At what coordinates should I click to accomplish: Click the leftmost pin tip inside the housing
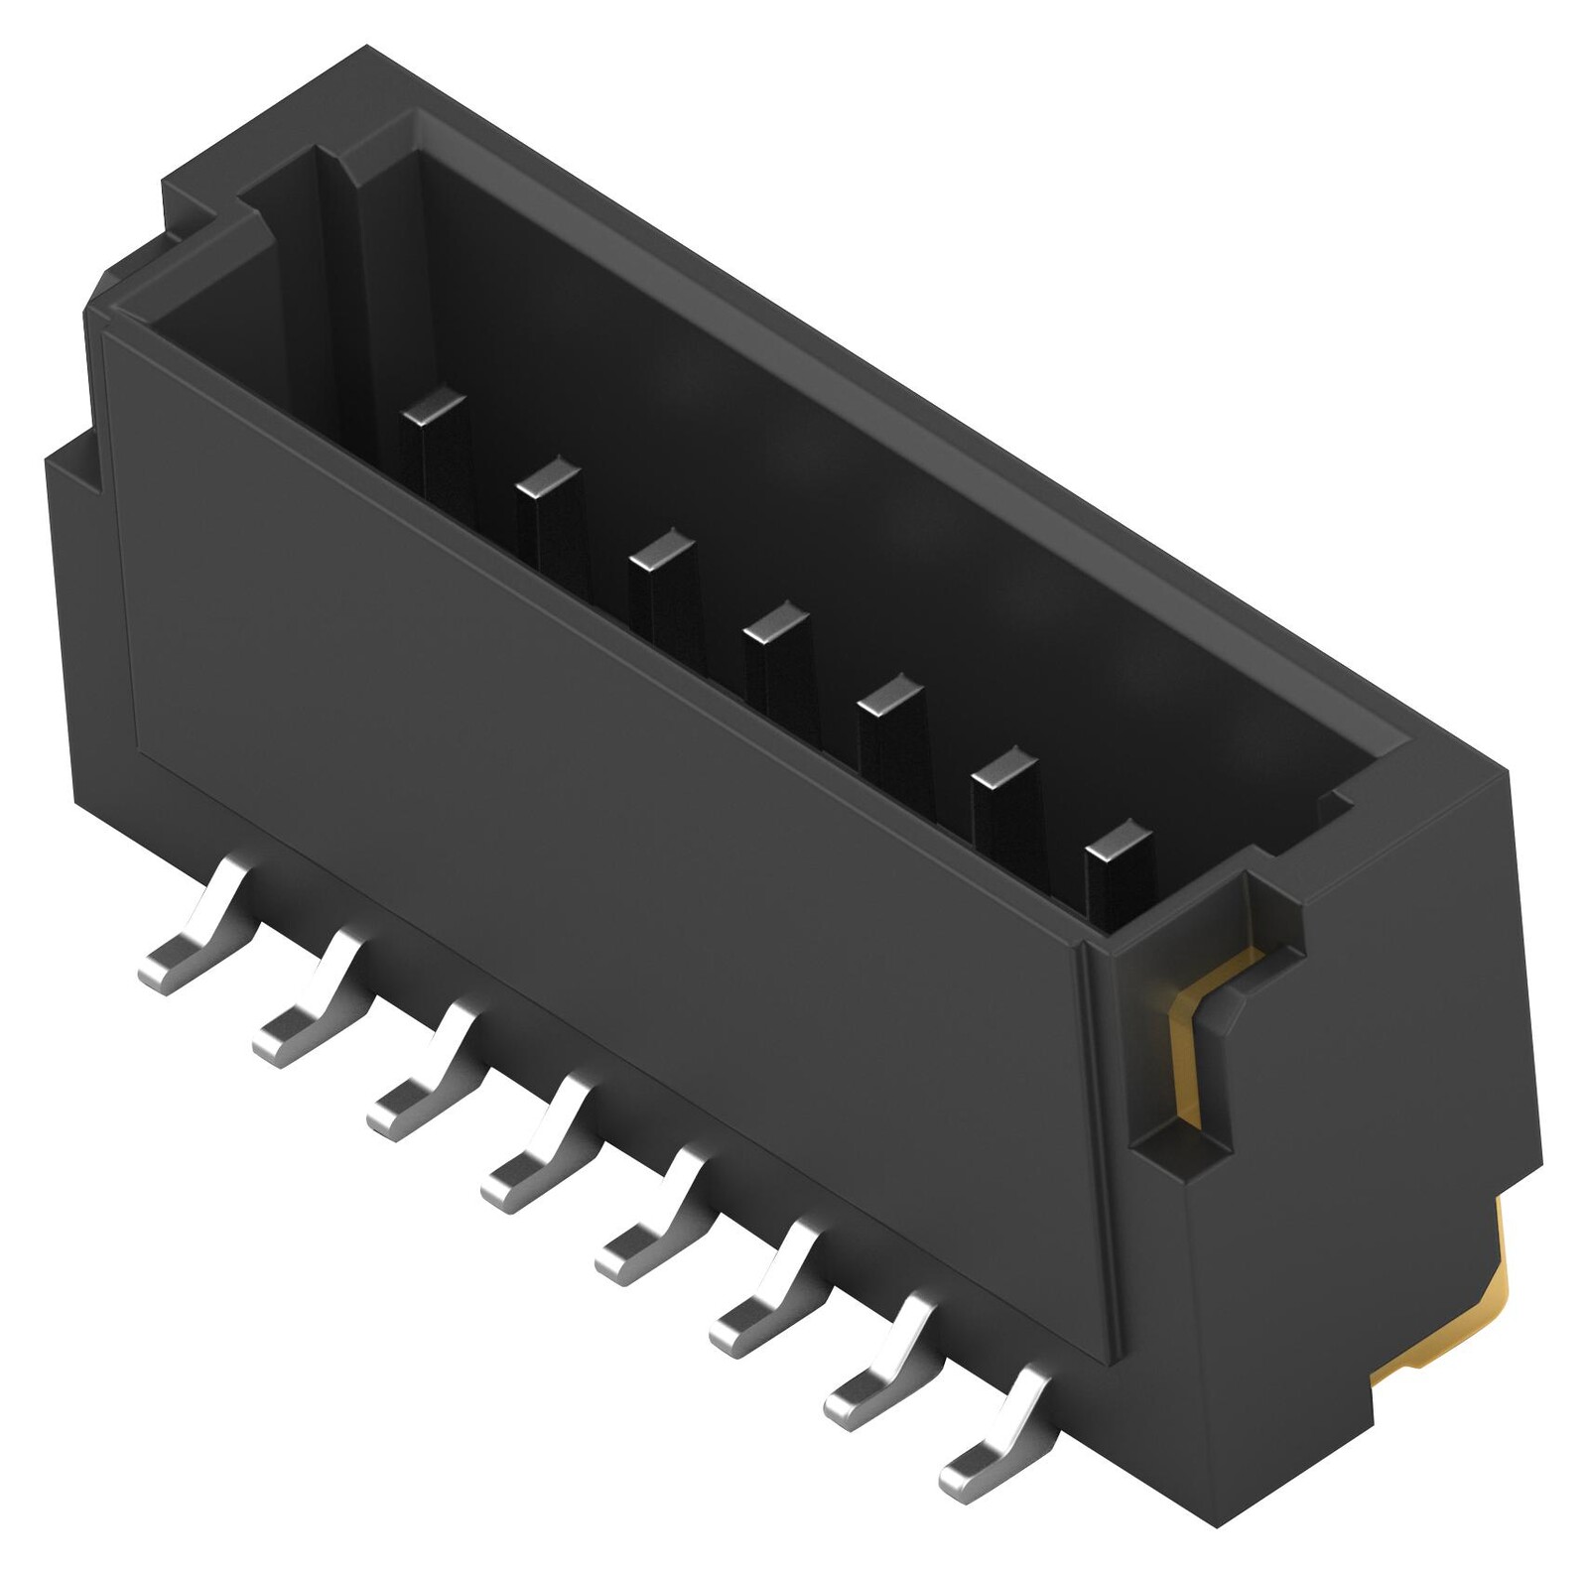(432, 406)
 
